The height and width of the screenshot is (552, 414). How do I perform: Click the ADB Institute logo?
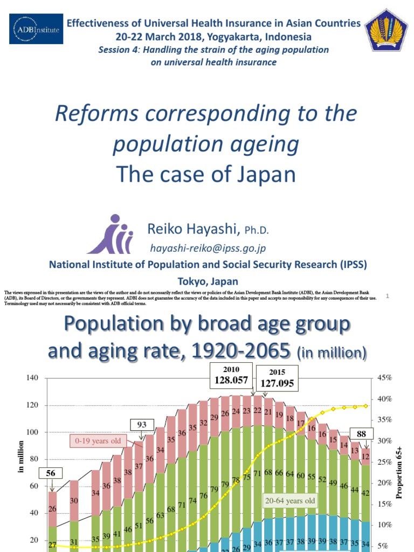(x=36, y=29)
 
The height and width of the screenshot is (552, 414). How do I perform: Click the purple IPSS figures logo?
(x=111, y=235)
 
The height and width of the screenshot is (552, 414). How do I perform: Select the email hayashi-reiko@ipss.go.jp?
(x=208, y=248)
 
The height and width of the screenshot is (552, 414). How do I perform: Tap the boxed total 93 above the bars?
(x=142, y=425)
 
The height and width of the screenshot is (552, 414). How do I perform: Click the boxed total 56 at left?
(x=51, y=473)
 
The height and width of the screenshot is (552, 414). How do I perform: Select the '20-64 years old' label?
(x=289, y=501)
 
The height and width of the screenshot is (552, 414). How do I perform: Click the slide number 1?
(x=388, y=295)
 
